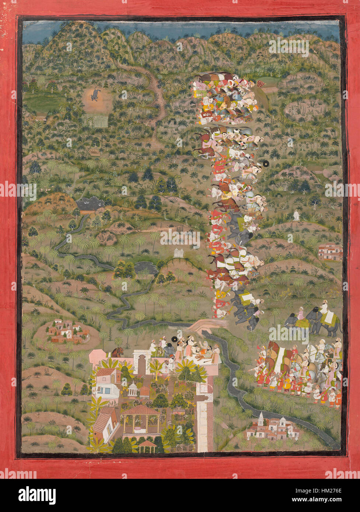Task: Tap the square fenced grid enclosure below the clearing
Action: click(101, 122)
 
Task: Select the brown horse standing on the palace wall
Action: click(117, 352)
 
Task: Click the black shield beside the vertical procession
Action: click(266, 164)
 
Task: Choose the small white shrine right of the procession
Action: click(296, 215)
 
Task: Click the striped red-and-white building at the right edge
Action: click(330, 252)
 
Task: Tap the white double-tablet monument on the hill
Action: click(179, 253)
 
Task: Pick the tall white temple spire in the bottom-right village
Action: click(261, 418)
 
